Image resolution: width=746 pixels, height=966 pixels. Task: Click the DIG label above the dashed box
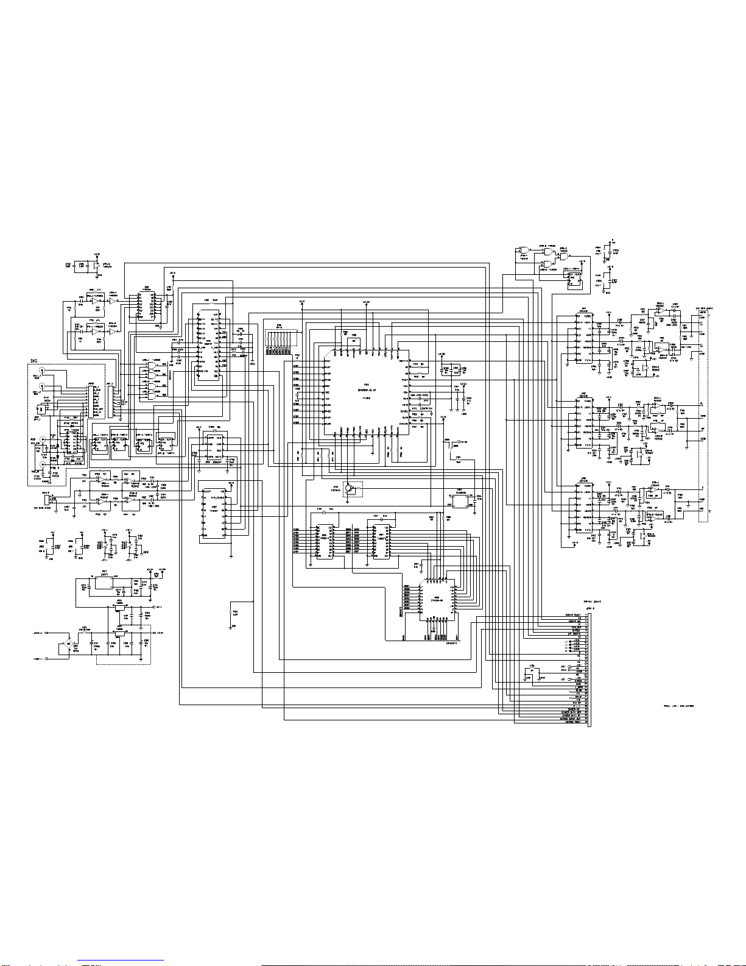35,361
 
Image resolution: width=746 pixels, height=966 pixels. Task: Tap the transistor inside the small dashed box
350,488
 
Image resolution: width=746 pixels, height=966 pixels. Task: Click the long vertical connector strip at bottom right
588,670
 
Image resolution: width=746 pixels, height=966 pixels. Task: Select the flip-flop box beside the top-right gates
572,279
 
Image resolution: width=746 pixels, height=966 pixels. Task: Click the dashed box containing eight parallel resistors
282,343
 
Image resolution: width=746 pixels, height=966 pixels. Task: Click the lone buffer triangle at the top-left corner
96,266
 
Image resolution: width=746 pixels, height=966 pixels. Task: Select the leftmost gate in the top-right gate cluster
523,250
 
